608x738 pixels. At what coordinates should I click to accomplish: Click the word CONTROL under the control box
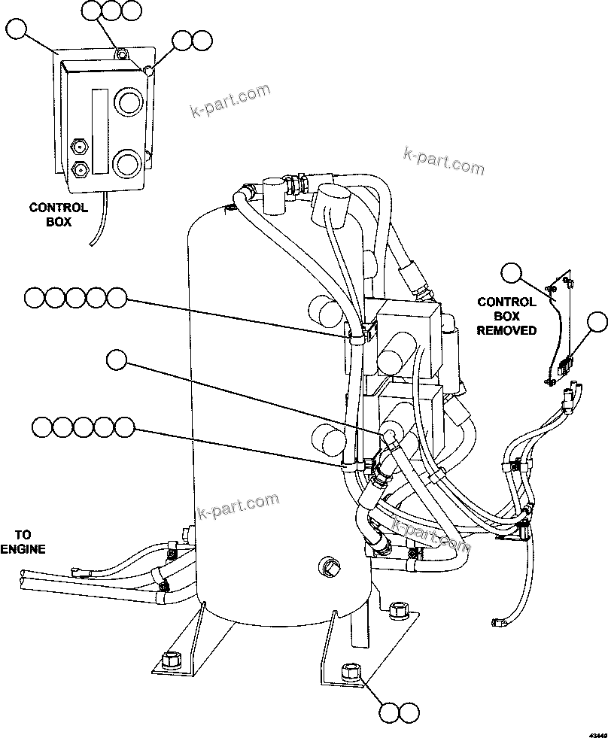58,208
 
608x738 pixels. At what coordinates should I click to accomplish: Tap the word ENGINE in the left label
23,548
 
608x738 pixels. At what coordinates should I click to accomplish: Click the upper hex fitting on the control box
78,144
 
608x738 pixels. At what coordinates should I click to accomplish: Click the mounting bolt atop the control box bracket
120,53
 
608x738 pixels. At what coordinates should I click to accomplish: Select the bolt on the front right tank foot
351,670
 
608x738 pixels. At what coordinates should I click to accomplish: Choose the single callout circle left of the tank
117,360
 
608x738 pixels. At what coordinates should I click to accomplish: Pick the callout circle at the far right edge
597,322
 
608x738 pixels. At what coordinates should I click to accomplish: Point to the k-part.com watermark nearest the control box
230,105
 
